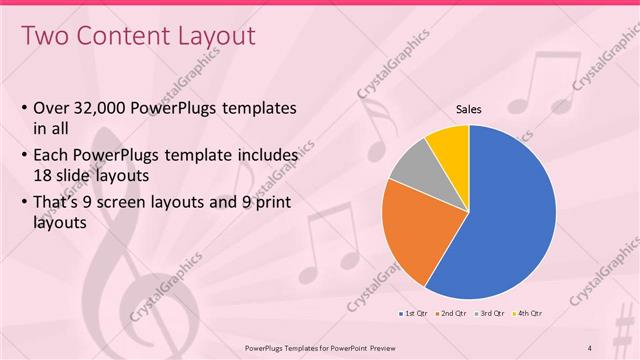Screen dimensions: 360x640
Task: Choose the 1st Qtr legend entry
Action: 415,314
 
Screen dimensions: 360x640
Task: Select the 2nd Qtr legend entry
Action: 454,314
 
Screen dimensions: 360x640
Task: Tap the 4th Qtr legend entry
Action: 531,314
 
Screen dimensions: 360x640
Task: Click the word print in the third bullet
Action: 276,199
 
